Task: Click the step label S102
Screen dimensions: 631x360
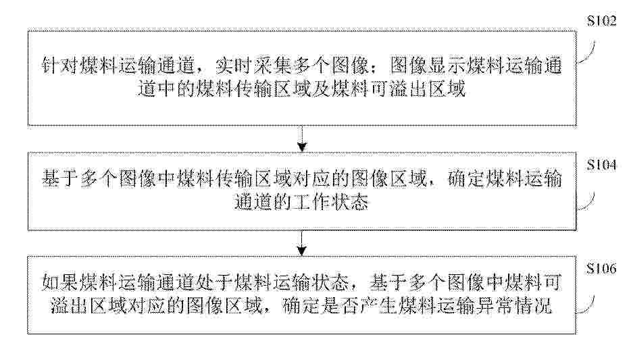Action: point(602,20)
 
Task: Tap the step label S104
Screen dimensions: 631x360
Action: point(602,165)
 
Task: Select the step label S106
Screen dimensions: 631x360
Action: point(602,268)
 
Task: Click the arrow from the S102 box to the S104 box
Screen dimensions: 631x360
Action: point(302,138)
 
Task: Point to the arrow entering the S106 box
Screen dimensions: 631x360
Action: point(302,243)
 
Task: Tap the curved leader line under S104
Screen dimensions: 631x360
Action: point(588,201)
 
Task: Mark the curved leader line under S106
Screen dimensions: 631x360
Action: point(588,305)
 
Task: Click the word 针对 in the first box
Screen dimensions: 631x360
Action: point(60,66)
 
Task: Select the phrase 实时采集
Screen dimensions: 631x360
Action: point(253,66)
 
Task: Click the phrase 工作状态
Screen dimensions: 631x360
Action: point(331,201)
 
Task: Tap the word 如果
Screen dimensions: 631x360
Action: point(60,283)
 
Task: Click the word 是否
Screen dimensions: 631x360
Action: point(339,306)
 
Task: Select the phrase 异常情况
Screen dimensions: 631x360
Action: point(513,306)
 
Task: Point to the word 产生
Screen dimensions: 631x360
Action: point(378,306)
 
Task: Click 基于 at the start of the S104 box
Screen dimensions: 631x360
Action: point(60,179)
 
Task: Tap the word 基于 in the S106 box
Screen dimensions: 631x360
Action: point(388,283)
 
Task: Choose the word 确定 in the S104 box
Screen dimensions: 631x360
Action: point(466,179)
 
